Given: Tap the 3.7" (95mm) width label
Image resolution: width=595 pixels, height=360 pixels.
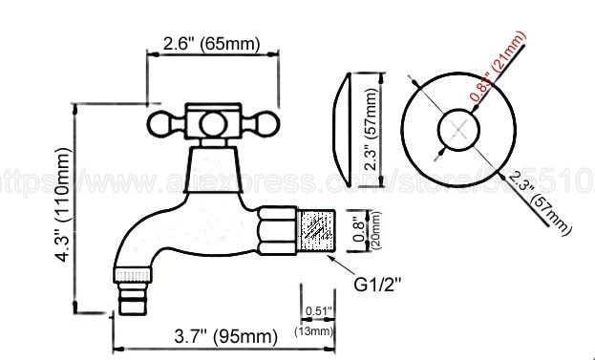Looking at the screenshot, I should coord(219,336).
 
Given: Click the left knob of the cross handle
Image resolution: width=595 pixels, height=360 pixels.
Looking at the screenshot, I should coord(162,122).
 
